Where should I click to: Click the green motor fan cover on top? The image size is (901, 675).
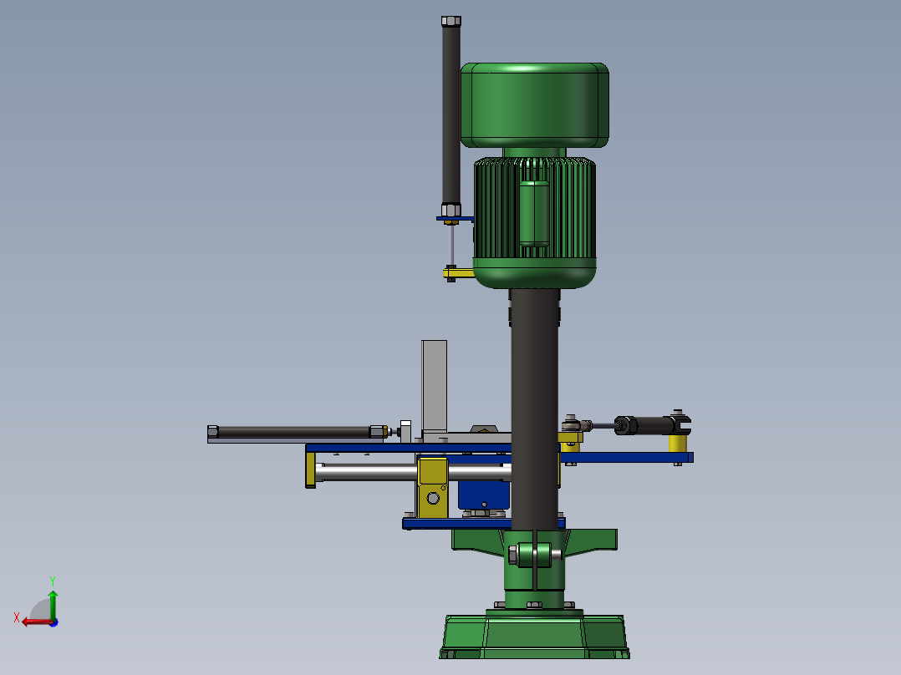click(x=534, y=104)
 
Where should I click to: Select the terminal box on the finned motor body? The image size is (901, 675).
click(x=534, y=213)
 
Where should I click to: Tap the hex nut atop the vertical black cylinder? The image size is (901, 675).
click(x=451, y=21)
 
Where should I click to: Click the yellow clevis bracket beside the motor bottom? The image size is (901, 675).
click(x=459, y=273)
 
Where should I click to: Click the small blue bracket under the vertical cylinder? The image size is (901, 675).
click(x=455, y=219)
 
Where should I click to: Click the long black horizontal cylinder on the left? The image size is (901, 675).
click(x=293, y=431)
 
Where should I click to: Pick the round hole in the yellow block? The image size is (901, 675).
click(x=433, y=498)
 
